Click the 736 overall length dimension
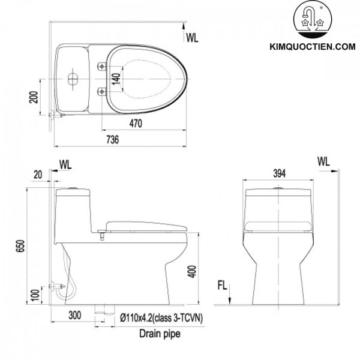pos(112,139)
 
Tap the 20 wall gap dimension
pos(39,174)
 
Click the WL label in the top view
pos(191,37)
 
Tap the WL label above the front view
pos(324,161)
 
